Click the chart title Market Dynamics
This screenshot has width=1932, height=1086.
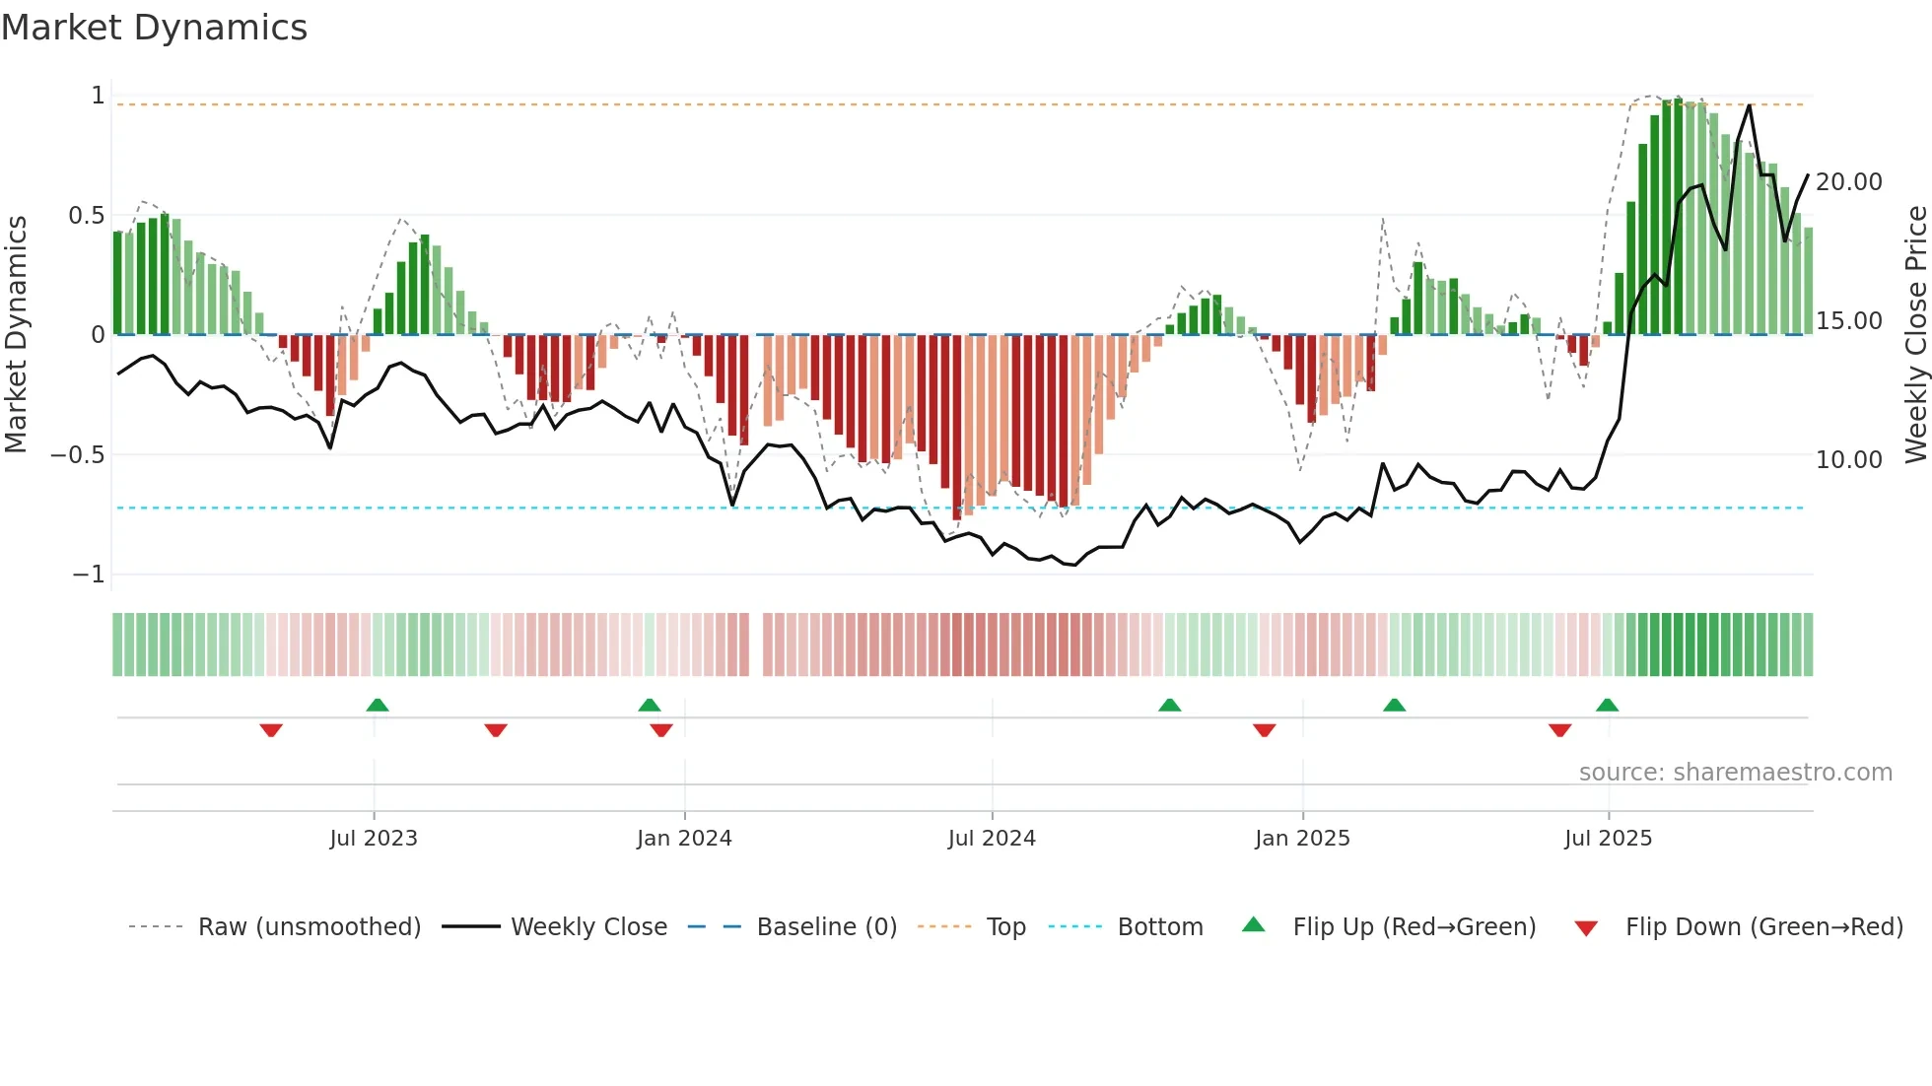(x=154, y=28)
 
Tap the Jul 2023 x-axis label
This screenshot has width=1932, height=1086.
(x=374, y=839)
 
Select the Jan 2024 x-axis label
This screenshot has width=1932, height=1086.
(x=684, y=839)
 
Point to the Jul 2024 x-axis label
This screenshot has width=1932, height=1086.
(x=992, y=839)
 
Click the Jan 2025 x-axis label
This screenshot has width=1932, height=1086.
(x=1302, y=839)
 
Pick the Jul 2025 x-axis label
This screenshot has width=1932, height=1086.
(x=1608, y=839)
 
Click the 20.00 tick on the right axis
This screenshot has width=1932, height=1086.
(x=1848, y=182)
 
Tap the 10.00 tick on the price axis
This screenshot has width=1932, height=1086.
(x=1848, y=460)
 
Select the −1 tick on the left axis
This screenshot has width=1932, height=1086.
(x=88, y=575)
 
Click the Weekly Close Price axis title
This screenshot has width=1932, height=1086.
(x=1915, y=335)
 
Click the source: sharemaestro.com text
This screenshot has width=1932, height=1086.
(x=1735, y=773)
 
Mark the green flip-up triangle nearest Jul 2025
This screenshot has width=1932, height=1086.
(x=1607, y=705)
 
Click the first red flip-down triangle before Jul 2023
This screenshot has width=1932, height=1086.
(x=271, y=730)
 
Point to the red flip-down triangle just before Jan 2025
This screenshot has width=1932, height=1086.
(x=1265, y=730)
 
